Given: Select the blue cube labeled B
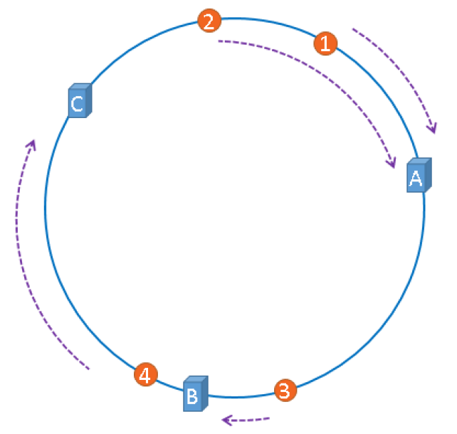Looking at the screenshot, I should [194, 394].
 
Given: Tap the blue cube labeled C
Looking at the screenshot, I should [78, 102].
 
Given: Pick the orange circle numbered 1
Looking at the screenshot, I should [324, 43].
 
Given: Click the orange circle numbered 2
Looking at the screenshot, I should [209, 21].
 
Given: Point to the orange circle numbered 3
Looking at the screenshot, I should [284, 391].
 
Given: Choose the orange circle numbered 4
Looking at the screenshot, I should [145, 375].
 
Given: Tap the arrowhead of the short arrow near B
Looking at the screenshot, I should [225, 420].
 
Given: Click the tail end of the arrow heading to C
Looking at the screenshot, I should [88, 369].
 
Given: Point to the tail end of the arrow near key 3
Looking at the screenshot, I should [270, 418].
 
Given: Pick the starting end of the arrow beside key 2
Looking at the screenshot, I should [219, 41].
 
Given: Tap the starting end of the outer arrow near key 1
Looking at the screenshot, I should [353, 29].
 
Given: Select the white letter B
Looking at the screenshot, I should [191, 397].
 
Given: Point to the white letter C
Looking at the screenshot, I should [77, 105].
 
